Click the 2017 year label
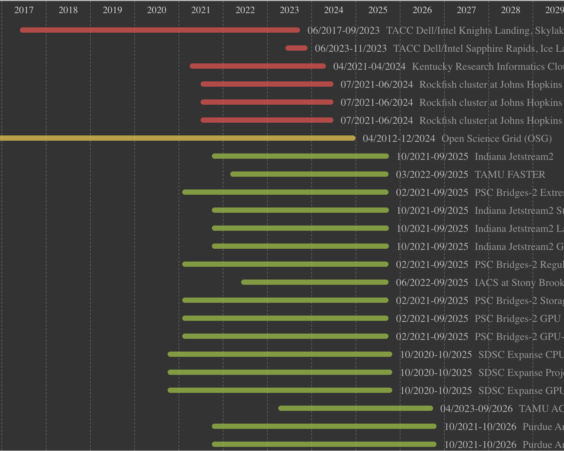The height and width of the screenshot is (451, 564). [x=24, y=10]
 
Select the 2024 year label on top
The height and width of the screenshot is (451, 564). [x=333, y=10]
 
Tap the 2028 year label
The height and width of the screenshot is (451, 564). [x=510, y=10]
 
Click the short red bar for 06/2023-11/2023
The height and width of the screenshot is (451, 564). [x=296, y=48]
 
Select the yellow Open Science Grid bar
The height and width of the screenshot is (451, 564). [x=176, y=138]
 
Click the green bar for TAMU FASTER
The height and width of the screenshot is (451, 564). [x=309, y=174]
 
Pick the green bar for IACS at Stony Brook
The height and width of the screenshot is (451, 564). [x=315, y=282]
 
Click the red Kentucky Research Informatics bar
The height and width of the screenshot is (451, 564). [x=258, y=66]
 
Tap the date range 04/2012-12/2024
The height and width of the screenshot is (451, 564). [x=399, y=138]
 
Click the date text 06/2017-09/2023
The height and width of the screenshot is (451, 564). [x=343, y=30]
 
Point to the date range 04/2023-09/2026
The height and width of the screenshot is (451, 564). [x=476, y=409]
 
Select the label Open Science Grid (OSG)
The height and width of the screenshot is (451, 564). [x=496, y=138]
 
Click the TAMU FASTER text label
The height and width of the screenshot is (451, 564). [x=510, y=174]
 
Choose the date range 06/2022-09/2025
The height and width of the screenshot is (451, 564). [x=432, y=283]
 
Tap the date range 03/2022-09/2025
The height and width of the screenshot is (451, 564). [x=432, y=174]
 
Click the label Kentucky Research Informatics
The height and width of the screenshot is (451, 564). [x=487, y=66]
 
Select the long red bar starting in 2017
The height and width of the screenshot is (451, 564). [x=160, y=30]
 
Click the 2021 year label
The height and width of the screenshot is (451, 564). [x=201, y=10]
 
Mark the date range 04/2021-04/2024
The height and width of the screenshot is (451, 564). [x=369, y=66]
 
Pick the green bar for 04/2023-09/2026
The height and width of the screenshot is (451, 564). [x=355, y=408]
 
